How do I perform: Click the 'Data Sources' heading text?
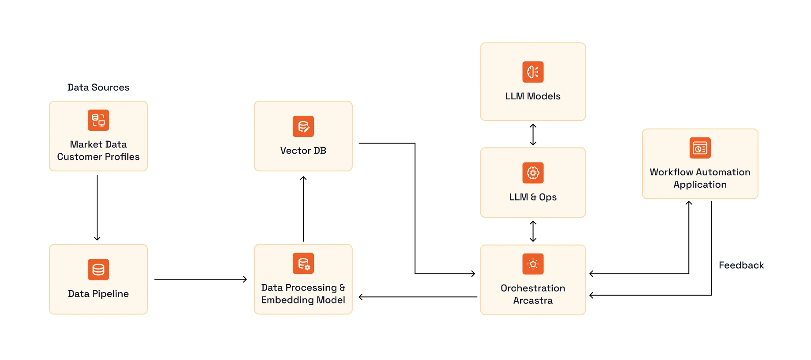[98, 87]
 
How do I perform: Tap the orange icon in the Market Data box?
[98, 120]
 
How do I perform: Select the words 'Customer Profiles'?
[98, 157]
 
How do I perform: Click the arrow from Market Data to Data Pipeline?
[97, 208]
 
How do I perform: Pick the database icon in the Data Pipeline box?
[98, 269]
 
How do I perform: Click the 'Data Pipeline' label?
[98, 294]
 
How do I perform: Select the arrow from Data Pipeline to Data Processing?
[200, 279]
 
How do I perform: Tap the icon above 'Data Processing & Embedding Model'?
[303, 263]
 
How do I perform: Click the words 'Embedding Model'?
[303, 300]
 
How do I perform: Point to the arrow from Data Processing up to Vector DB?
[303, 208]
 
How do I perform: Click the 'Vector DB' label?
[303, 151]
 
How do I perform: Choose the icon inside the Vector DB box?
[303, 126]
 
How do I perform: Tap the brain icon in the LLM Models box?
[533, 72]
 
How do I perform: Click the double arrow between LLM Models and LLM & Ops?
[533, 134]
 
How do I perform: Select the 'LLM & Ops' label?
[533, 197]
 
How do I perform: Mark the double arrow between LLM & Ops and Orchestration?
[533, 231]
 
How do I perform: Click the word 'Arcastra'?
[533, 301]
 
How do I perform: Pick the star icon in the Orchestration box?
[533, 264]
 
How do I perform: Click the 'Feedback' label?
[741, 265]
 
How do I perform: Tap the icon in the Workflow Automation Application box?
[700, 148]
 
